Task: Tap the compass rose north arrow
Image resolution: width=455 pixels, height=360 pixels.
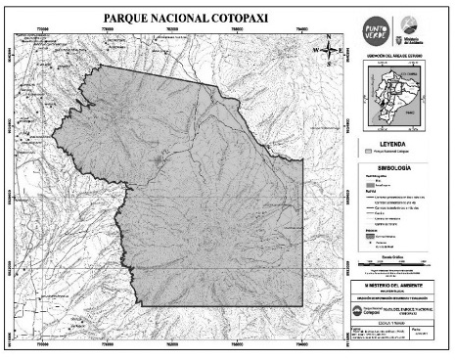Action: (330, 43)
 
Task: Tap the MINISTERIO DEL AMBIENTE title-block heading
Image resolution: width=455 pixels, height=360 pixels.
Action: (401, 285)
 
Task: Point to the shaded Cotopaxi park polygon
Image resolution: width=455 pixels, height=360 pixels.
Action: (205, 176)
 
